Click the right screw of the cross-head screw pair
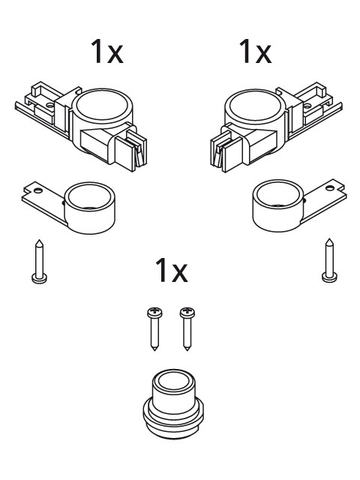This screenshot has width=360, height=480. coord(186,328)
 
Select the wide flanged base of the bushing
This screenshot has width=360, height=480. coord(176,415)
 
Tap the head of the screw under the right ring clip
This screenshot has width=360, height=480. coord(327,277)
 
